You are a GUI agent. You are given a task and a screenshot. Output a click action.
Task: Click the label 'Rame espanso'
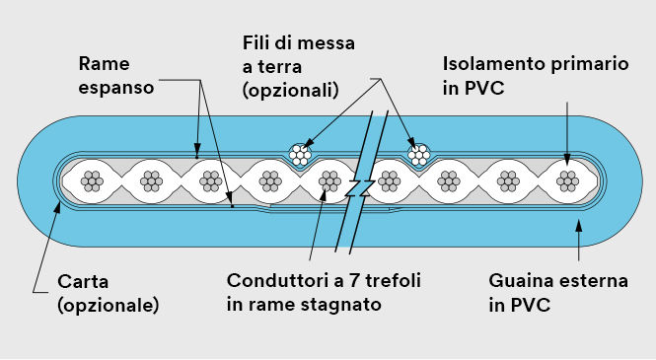coord(116,75)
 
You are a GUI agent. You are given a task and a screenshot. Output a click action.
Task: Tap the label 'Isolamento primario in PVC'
coord(534,75)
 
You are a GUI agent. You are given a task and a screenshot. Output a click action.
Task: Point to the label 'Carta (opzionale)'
coord(108,293)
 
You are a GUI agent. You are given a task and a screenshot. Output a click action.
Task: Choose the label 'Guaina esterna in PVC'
coord(558,293)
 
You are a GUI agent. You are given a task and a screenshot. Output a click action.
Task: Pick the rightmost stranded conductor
coord(567,180)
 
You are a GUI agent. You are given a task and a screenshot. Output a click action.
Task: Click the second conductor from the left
coord(151,180)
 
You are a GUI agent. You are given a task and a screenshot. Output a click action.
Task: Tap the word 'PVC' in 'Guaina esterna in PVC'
coord(530,305)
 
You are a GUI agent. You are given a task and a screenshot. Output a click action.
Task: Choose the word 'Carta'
coord(80,281)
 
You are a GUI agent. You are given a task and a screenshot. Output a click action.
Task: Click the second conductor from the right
coord(508,180)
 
